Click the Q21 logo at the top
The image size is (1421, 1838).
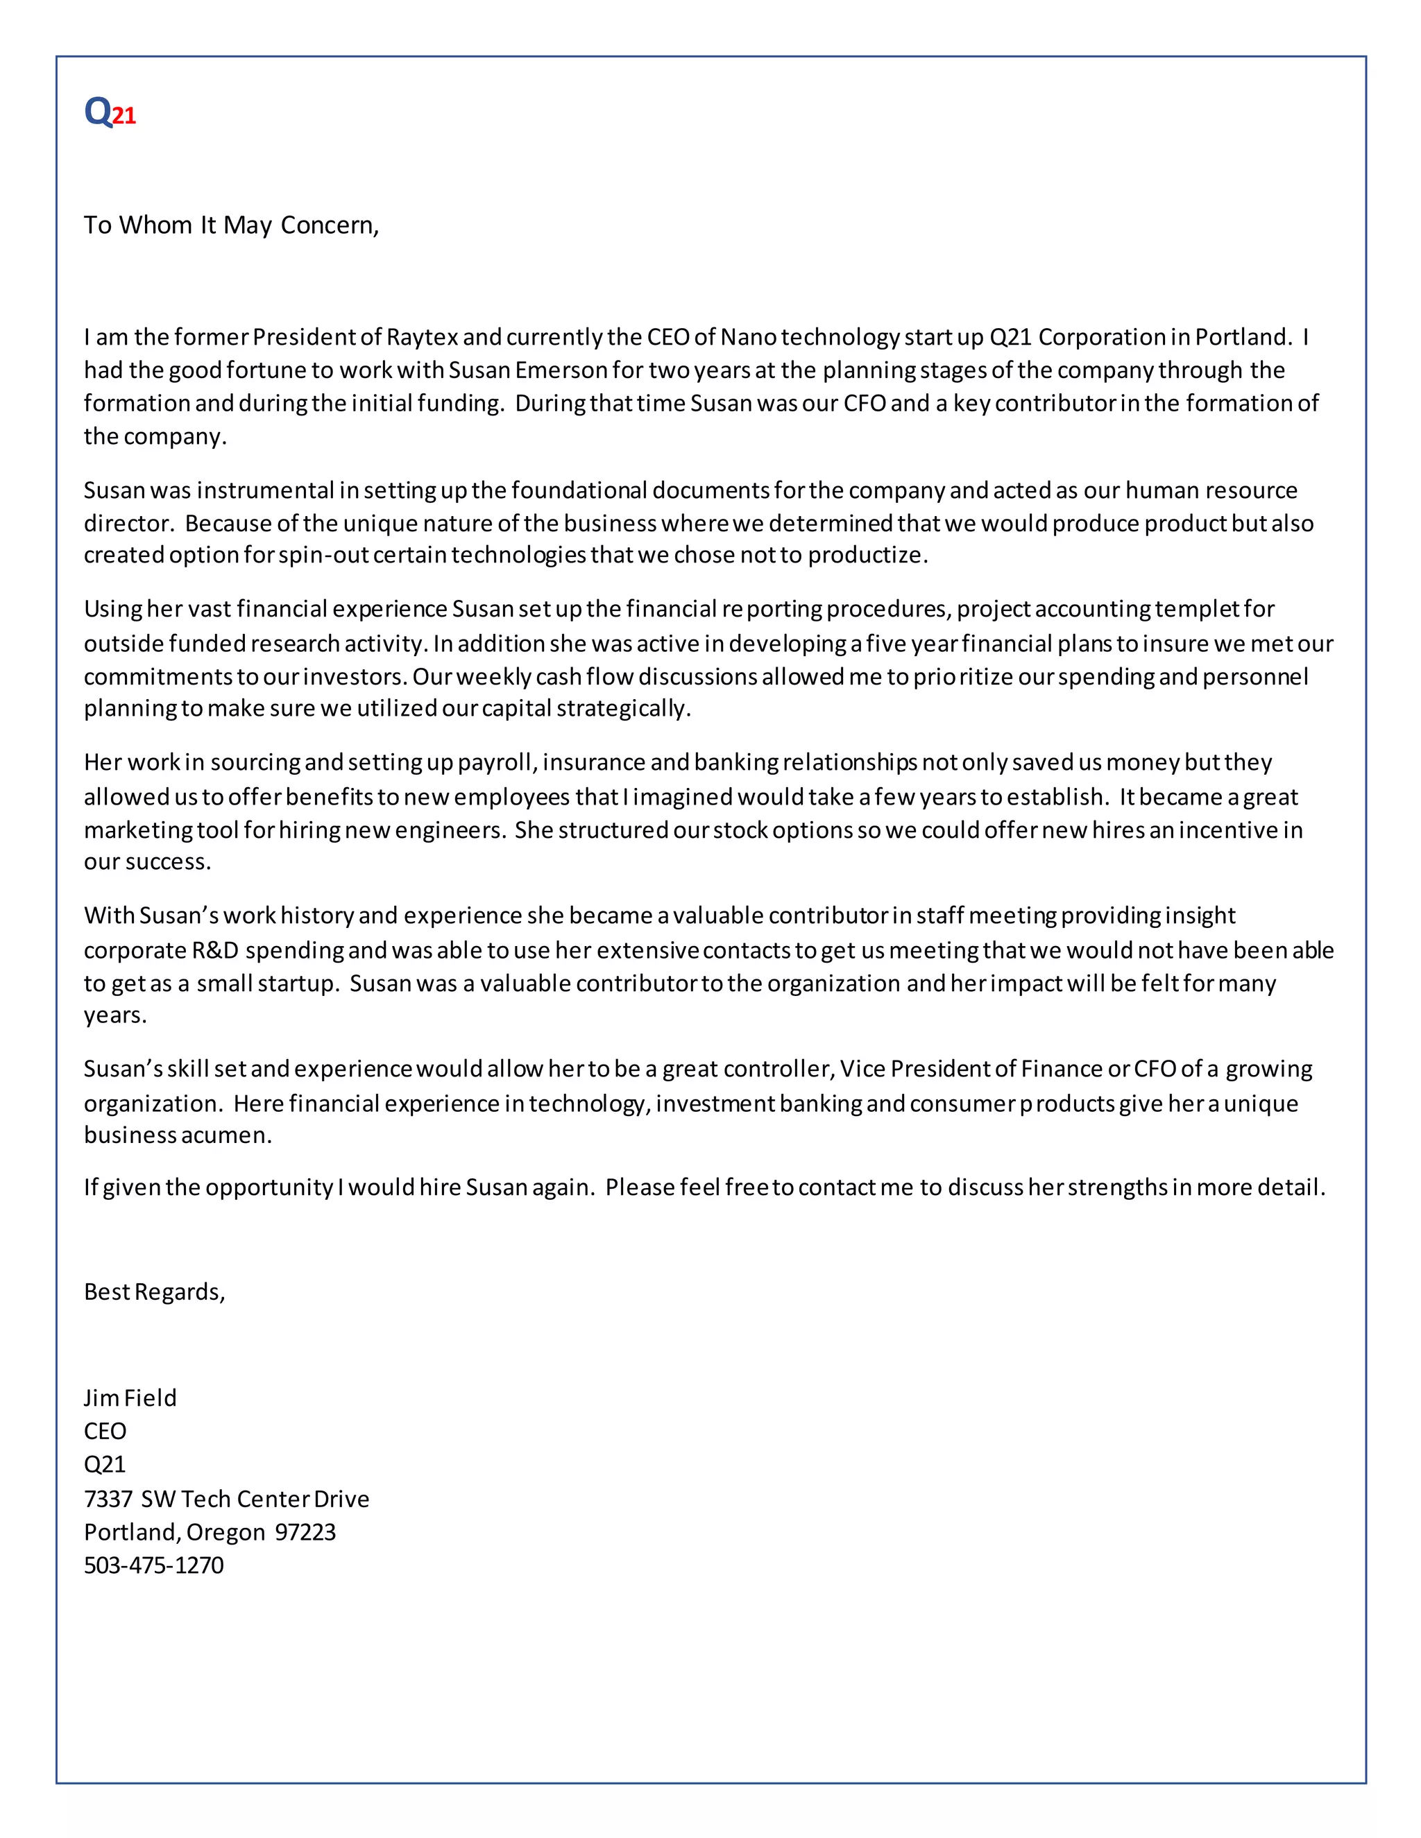110,112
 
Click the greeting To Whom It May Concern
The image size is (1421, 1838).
232,225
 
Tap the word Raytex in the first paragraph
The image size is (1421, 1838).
422,338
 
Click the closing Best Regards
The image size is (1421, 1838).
154,1292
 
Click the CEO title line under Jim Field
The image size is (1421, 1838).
105,1432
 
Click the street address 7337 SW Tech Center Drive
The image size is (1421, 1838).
226,1499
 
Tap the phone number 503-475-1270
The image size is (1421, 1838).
154,1565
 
